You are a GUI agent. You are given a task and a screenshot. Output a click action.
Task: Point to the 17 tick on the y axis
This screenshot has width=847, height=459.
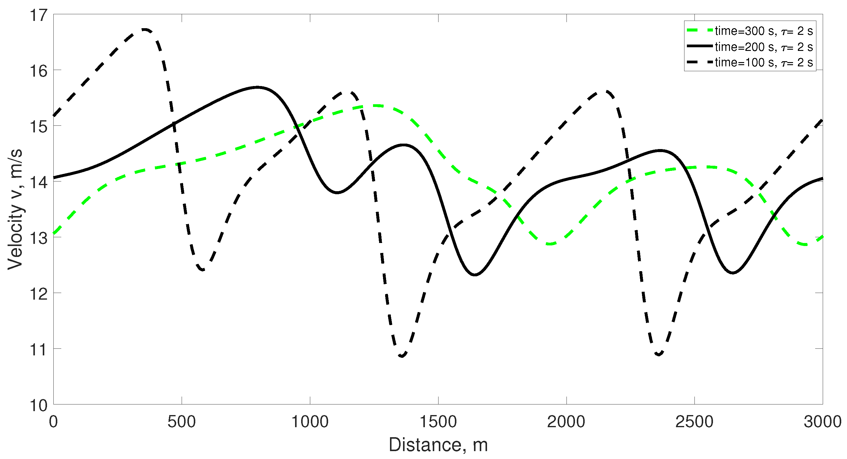tap(39, 15)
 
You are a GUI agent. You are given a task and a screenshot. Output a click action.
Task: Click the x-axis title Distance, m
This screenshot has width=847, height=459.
tap(438, 445)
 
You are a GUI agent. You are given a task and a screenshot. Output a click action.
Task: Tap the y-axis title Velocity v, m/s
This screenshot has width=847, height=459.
tap(15, 209)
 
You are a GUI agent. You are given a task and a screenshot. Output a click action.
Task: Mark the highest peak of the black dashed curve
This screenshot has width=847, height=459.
tap(145, 30)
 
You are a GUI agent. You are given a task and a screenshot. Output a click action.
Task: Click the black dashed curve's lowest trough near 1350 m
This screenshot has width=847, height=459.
tap(402, 356)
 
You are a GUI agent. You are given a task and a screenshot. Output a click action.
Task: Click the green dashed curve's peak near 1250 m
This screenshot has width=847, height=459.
tap(376, 105)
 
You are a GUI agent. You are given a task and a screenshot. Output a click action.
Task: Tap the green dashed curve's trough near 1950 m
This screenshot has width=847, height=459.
tap(551, 244)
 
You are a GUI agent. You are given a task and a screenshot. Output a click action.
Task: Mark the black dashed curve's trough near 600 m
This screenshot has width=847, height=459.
tap(203, 270)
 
